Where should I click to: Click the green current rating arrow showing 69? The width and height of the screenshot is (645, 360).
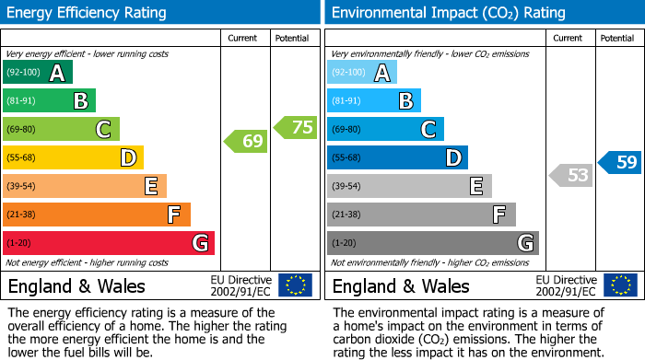click(245, 141)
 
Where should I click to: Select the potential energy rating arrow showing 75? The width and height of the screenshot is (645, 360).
click(296, 128)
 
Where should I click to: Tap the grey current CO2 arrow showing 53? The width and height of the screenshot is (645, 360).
click(570, 175)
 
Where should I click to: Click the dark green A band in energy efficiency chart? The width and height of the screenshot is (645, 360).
click(38, 73)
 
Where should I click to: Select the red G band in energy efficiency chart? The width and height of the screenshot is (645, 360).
click(109, 243)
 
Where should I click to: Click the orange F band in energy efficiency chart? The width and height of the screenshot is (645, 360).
click(97, 215)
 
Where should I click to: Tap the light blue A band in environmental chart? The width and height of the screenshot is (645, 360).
click(362, 73)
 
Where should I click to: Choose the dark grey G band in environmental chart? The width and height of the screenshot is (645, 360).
click(432, 243)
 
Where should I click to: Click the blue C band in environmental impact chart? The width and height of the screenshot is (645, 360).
click(385, 129)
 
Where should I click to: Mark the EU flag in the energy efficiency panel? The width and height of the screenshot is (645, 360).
click(295, 285)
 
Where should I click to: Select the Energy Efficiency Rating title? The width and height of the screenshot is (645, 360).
click(88, 13)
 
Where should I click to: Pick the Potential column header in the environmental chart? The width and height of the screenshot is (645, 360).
click(616, 38)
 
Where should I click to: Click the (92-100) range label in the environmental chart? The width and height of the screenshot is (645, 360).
click(349, 73)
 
